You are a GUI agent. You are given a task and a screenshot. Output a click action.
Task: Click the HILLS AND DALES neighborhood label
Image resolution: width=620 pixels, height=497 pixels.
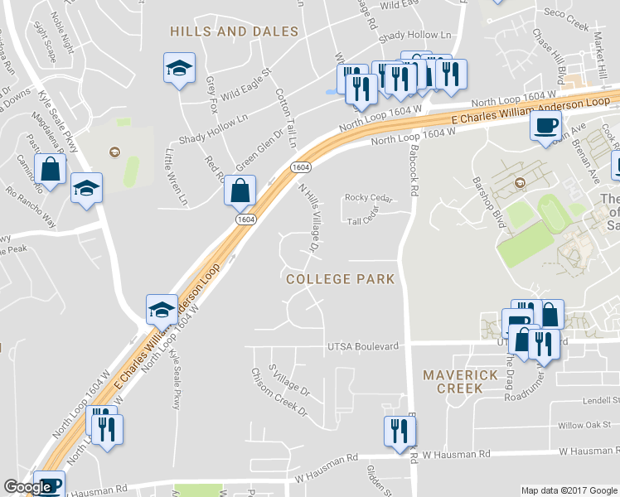point(234,31)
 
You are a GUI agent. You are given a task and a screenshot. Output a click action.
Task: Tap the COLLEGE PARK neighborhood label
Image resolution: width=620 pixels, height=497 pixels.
point(340,279)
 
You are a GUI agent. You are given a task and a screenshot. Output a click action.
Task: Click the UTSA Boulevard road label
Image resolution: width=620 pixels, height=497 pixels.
point(364,345)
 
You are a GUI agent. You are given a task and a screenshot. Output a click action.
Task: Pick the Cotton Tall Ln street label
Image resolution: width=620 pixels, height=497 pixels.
point(285,118)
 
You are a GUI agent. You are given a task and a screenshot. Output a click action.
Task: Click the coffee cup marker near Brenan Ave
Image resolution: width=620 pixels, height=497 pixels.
point(545,127)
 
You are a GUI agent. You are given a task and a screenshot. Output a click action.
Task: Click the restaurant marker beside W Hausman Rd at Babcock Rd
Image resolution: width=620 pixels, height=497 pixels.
point(400,430)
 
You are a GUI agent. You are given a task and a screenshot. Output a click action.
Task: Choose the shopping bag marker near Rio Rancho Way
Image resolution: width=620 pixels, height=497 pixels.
point(51,171)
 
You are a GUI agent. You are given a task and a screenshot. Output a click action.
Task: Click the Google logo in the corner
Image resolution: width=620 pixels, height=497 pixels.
point(27,488)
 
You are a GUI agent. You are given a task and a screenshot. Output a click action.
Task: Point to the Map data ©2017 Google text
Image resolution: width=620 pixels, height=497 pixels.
point(569,490)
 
